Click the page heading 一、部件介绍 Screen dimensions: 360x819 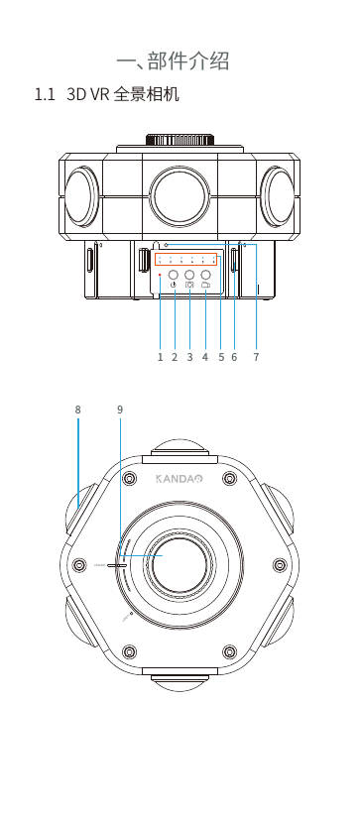(173, 61)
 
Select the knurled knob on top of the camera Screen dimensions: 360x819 (180, 140)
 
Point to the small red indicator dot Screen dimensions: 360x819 (160, 274)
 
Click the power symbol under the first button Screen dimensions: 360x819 (174, 286)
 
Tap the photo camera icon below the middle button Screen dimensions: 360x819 (189, 286)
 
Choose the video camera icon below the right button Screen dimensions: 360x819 (206, 286)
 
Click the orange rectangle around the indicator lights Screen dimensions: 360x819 (185, 259)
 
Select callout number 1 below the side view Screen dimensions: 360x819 (161, 357)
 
